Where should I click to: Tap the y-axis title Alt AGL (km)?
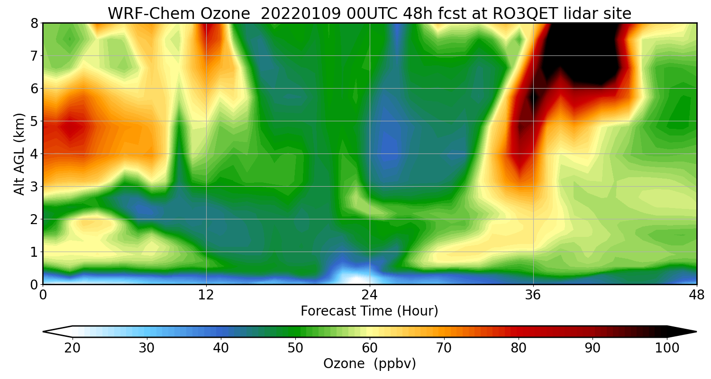(19, 153)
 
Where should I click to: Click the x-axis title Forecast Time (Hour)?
(369, 311)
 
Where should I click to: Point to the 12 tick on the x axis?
(206, 295)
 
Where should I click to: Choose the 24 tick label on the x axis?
(369, 295)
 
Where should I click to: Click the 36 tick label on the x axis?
(533, 295)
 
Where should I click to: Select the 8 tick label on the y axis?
(34, 23)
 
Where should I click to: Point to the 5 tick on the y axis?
(34, 121)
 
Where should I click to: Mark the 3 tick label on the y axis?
(34, 187)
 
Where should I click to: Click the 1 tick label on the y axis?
(34, 252)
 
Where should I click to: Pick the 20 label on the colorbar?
(72, 348)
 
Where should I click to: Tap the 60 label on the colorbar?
(370, 348)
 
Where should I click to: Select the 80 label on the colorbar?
(519, 348)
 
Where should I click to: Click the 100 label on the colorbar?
(667, 348)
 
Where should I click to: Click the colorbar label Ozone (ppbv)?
(369, 364)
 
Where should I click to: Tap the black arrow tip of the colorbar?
(683, 332)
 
